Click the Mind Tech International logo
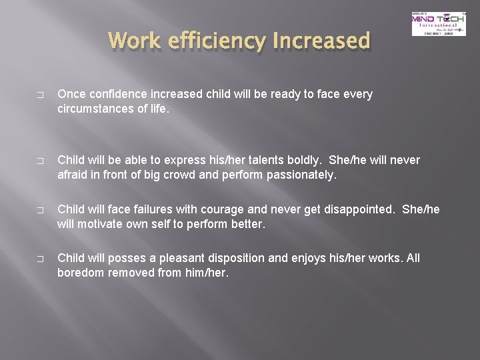(x=438, y=24)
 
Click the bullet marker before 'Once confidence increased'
(x=41, y=95)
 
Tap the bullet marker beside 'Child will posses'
(x=41, y=259)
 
